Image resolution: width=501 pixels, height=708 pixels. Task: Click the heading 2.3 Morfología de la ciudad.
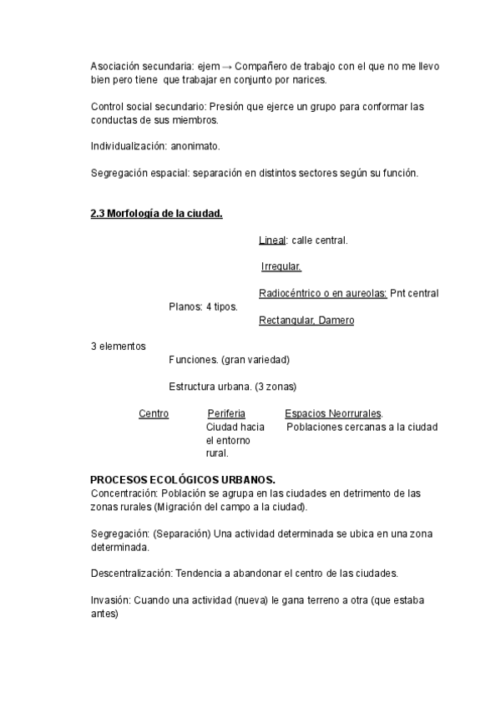[156, 214]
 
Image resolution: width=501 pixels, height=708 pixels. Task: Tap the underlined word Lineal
[273, 240]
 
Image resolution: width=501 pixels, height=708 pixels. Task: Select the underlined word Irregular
[281, 267]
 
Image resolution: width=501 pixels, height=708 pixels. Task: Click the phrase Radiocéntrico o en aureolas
[322, 294]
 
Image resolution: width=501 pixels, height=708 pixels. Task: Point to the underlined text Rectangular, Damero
[306, 321]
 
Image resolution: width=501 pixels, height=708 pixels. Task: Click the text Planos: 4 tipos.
[203, 307]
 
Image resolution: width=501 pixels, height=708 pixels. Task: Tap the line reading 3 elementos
[118, 346]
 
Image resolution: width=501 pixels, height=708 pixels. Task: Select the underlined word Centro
[154, 413]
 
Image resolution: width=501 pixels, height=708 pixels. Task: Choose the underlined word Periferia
[226, 413]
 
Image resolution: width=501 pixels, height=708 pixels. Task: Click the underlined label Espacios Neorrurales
[333, 413]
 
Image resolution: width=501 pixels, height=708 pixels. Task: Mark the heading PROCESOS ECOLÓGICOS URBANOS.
[183, 480]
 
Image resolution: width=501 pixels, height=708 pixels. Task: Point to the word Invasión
[111, 600]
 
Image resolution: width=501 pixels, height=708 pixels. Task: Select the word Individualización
[128, 146]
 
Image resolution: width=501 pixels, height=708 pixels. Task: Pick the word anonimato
[195, 146]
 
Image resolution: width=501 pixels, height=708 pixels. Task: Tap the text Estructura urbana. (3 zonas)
[232, 387]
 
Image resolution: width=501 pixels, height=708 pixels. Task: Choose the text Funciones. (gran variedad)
[229, 360]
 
